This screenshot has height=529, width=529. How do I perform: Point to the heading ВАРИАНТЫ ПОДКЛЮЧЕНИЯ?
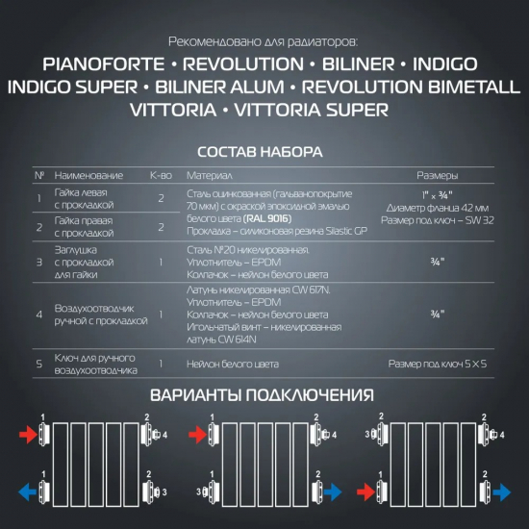[262, 395]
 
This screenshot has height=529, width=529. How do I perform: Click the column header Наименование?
[89, 176]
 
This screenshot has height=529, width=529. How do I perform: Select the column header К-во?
[160, 176]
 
